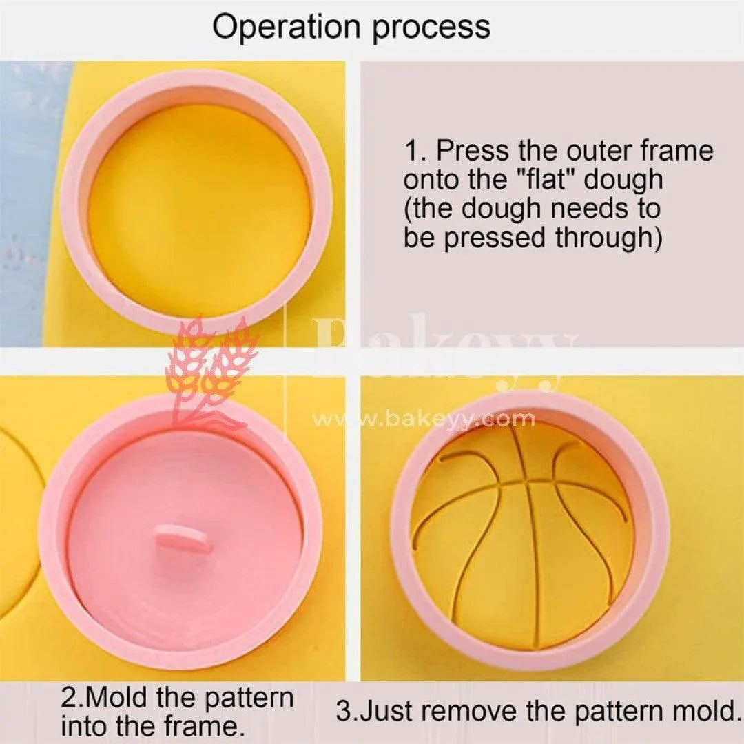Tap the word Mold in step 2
[x=121, y=698]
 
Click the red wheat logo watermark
[x=210, y=372]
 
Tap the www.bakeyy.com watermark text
[x=423, y=418]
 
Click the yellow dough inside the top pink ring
[x=199, y=207]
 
